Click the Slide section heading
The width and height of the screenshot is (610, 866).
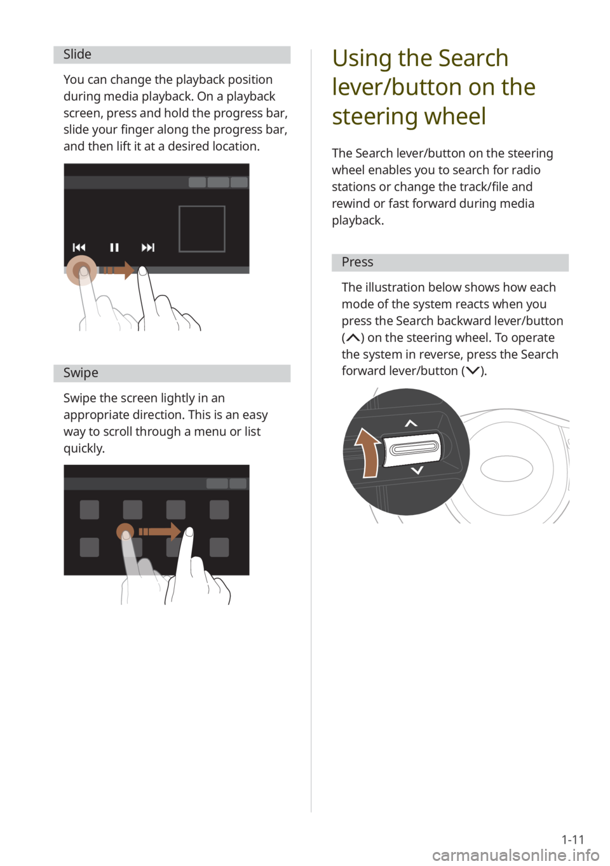(78, 55)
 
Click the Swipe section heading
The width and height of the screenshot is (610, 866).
(81, 373)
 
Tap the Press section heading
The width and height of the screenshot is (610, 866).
(357, 262)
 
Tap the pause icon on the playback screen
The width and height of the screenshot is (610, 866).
(114, 247)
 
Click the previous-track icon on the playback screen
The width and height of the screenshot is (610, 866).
(79, 247)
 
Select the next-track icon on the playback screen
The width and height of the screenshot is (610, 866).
(148, 247)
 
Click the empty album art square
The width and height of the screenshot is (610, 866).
(202, 229)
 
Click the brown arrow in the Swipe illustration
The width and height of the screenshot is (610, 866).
(159, 532)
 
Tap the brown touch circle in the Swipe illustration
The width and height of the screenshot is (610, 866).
(125, 532)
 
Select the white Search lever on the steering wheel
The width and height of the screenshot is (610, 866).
(412, 448)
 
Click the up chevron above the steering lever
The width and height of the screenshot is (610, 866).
(411, 423)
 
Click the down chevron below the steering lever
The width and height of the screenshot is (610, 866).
(417, 471)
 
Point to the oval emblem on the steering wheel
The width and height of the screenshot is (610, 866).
(506, 469)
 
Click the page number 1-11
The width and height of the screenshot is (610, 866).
(573, 839)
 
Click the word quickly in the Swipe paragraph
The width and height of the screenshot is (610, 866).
(84, 449)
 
